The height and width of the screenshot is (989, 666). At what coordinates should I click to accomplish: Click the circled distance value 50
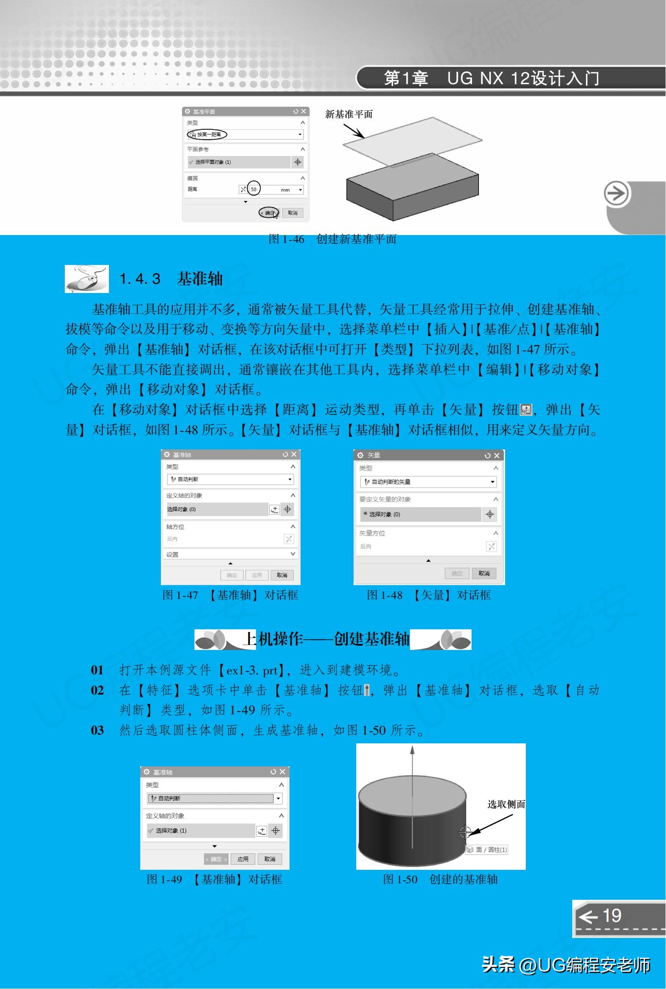coord(254,189)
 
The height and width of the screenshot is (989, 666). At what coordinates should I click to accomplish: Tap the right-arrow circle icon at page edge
coord(616,194)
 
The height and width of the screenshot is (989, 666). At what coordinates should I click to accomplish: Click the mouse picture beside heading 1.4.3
coord(87,279)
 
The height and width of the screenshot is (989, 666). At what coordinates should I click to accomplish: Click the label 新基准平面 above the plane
coord(349,115)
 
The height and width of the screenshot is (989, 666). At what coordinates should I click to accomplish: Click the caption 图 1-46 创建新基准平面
coord(332,239)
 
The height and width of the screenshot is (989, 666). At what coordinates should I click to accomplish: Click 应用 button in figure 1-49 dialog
coord(243,859)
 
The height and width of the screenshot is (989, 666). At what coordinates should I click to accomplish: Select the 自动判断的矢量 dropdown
coord(428,482)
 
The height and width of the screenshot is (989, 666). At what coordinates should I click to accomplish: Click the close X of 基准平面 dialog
coord(303,111)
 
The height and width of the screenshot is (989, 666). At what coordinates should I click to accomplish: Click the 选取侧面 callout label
coord(506,804)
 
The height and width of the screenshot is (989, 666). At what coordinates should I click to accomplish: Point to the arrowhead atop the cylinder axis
coord(412,750)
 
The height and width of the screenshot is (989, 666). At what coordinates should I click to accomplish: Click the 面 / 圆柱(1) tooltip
coord(487,850)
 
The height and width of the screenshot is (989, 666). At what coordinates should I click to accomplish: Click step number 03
coord(97,730)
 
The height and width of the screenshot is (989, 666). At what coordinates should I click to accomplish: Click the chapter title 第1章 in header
coord(406,79)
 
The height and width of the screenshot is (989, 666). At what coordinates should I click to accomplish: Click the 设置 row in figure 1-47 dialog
coord(230,554)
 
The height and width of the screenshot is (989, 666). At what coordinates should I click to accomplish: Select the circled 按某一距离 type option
coord(207,134)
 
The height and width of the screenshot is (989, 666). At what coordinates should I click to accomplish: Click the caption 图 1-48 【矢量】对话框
coord(428,595)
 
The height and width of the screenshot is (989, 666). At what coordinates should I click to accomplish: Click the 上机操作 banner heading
coord(326,639)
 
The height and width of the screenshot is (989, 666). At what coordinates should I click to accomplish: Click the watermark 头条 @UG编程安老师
coord(565,965)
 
